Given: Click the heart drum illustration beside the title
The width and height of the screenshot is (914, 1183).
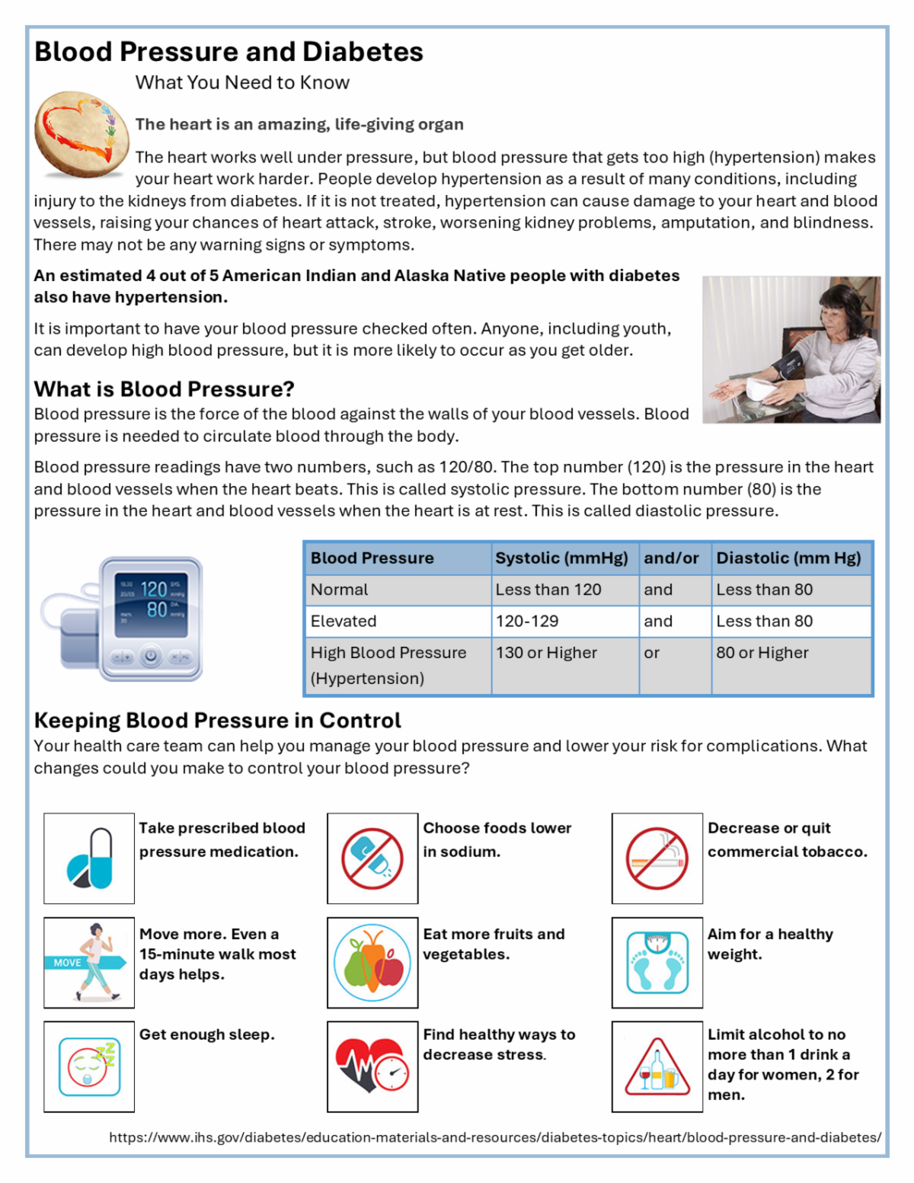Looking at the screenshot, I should click(x=81, y=134).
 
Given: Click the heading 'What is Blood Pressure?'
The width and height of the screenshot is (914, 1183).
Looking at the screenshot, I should click(x=164, y=389).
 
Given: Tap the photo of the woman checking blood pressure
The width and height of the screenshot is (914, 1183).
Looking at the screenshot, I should click(x=791, y=350).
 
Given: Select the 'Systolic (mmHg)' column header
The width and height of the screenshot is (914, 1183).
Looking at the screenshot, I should click(x=561, y=558).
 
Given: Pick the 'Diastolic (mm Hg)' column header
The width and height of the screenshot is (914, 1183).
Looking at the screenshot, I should click(x=788, y=558).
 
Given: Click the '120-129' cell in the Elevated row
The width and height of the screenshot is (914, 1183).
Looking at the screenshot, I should click(x=527, y=622).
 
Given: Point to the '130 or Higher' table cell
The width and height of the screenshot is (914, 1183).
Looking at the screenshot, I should click(x=546, y=653).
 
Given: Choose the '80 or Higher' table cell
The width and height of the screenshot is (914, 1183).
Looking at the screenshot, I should click(x=762, y=653).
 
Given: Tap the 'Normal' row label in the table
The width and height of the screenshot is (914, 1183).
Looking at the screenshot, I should click(x=339, y=590).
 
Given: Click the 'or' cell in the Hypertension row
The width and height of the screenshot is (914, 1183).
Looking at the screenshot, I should click(x=651, y=653).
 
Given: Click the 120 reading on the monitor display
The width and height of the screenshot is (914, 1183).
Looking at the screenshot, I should click(x=154, y=589).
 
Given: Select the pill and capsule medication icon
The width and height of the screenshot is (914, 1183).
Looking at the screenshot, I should click(x=89, y=858).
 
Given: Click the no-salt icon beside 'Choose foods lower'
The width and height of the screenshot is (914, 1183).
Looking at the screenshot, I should click(x=372, y=858).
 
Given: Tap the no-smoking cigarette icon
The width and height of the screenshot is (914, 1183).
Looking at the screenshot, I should click(x=657, y=858).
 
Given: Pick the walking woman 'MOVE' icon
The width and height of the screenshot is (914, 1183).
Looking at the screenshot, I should click(x=89, y=962).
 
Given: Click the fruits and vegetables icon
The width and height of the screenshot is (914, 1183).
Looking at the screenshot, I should click(x=372, y=962).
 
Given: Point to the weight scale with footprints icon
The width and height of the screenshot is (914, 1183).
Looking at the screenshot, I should click(x=657, y=962).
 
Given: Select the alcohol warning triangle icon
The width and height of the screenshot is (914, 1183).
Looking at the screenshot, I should click(x=657, y=1066).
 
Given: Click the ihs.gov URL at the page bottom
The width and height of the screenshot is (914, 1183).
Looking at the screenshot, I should click(x=495, y=1137).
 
